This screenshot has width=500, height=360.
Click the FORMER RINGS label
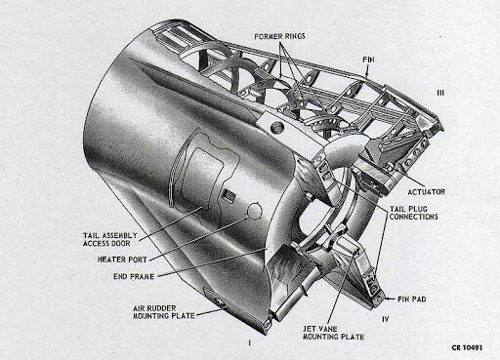point(279,36)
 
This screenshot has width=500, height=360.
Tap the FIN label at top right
point(368,60)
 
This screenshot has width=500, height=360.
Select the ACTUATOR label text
point(426,192)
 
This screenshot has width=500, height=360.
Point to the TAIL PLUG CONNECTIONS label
point(413,213)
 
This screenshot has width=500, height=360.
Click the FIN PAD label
point(412,299)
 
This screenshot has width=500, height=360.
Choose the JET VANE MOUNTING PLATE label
point(333,333)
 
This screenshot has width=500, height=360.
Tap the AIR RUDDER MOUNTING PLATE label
point(164,312)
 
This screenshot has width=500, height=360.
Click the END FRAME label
point(134,276)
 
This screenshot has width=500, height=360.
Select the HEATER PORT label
point(122,260)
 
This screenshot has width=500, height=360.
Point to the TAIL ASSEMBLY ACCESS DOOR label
point(109,239)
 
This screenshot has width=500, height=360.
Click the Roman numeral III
point(440,93)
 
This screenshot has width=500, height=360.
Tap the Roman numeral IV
point(385,319)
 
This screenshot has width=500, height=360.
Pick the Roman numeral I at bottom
point(249,342)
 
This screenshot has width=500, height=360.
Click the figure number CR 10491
point(467,347)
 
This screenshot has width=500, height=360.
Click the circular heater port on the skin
point(255,211)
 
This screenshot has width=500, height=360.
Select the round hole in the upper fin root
point(277,127)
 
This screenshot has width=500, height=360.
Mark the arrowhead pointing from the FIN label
point(367,74)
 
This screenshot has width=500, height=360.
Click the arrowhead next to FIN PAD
point(387,299)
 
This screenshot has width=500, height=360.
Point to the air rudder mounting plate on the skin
point(216,300)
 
